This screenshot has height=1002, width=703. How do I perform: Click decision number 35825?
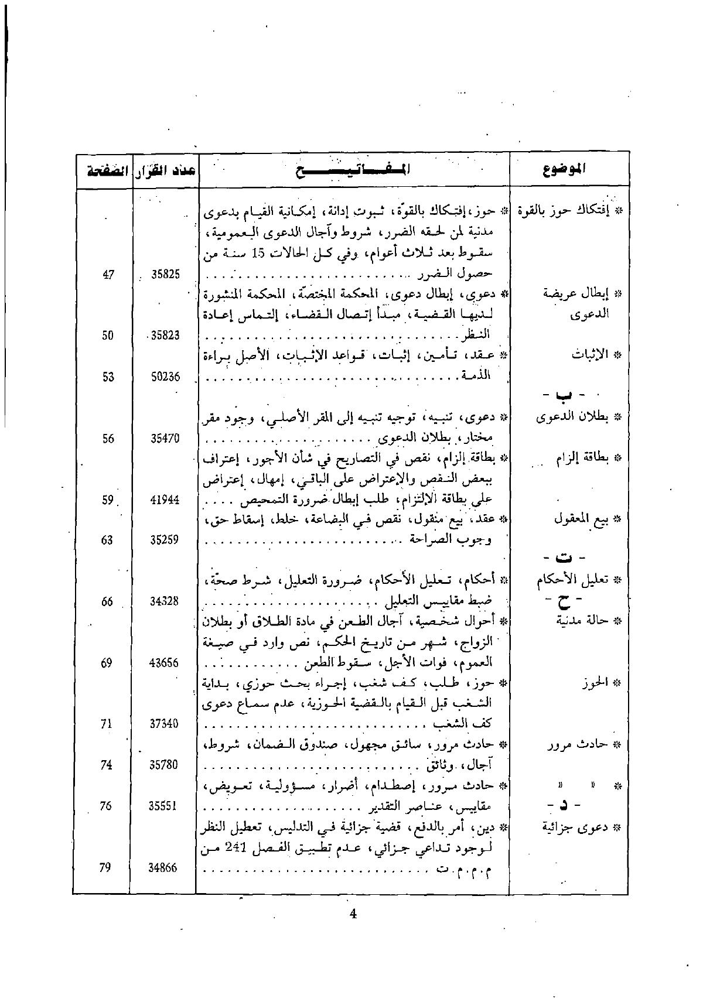(166, 274)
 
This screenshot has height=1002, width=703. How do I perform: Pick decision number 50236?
(166, 377)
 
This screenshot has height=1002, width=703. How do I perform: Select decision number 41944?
(165, 500)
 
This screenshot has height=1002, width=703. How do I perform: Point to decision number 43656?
(165, 663)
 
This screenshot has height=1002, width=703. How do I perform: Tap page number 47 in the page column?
(108, 274)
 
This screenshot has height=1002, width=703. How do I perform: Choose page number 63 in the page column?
(107, 540)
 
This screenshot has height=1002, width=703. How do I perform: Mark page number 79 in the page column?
(105, 868)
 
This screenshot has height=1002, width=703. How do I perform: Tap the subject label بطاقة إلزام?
(582, 459)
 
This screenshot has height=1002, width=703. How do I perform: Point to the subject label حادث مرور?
(583, 745)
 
